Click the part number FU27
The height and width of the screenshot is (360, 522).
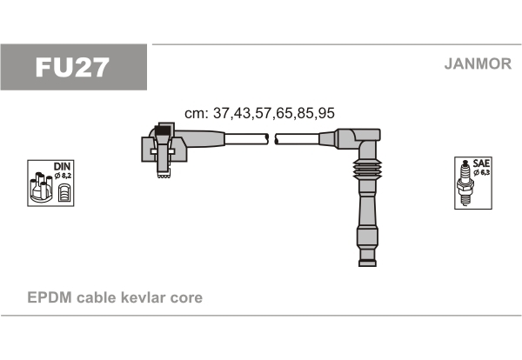(x=72, y=67)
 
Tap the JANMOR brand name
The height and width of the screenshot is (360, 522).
(x=478, y=63)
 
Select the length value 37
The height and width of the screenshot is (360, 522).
(x=221, y=113)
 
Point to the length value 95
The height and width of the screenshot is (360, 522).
(x=326, y=113)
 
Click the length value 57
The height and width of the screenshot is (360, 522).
(x=264, y=113)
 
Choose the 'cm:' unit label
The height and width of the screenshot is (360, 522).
(x=197, y=114)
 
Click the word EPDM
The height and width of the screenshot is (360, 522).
(x=50, y=297)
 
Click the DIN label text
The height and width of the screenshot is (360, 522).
(x=62, y=166)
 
